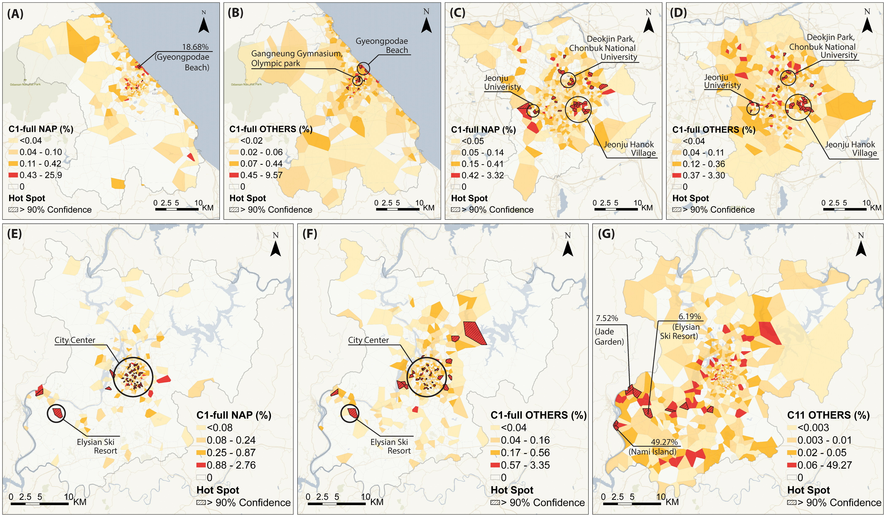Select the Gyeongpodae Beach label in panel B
pos(382,46)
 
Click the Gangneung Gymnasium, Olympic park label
pos(296,58)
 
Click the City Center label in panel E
pos(75,340)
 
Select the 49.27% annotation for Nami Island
pos(664,442)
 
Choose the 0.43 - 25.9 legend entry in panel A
pos(40,175)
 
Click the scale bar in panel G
pos(632,503)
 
